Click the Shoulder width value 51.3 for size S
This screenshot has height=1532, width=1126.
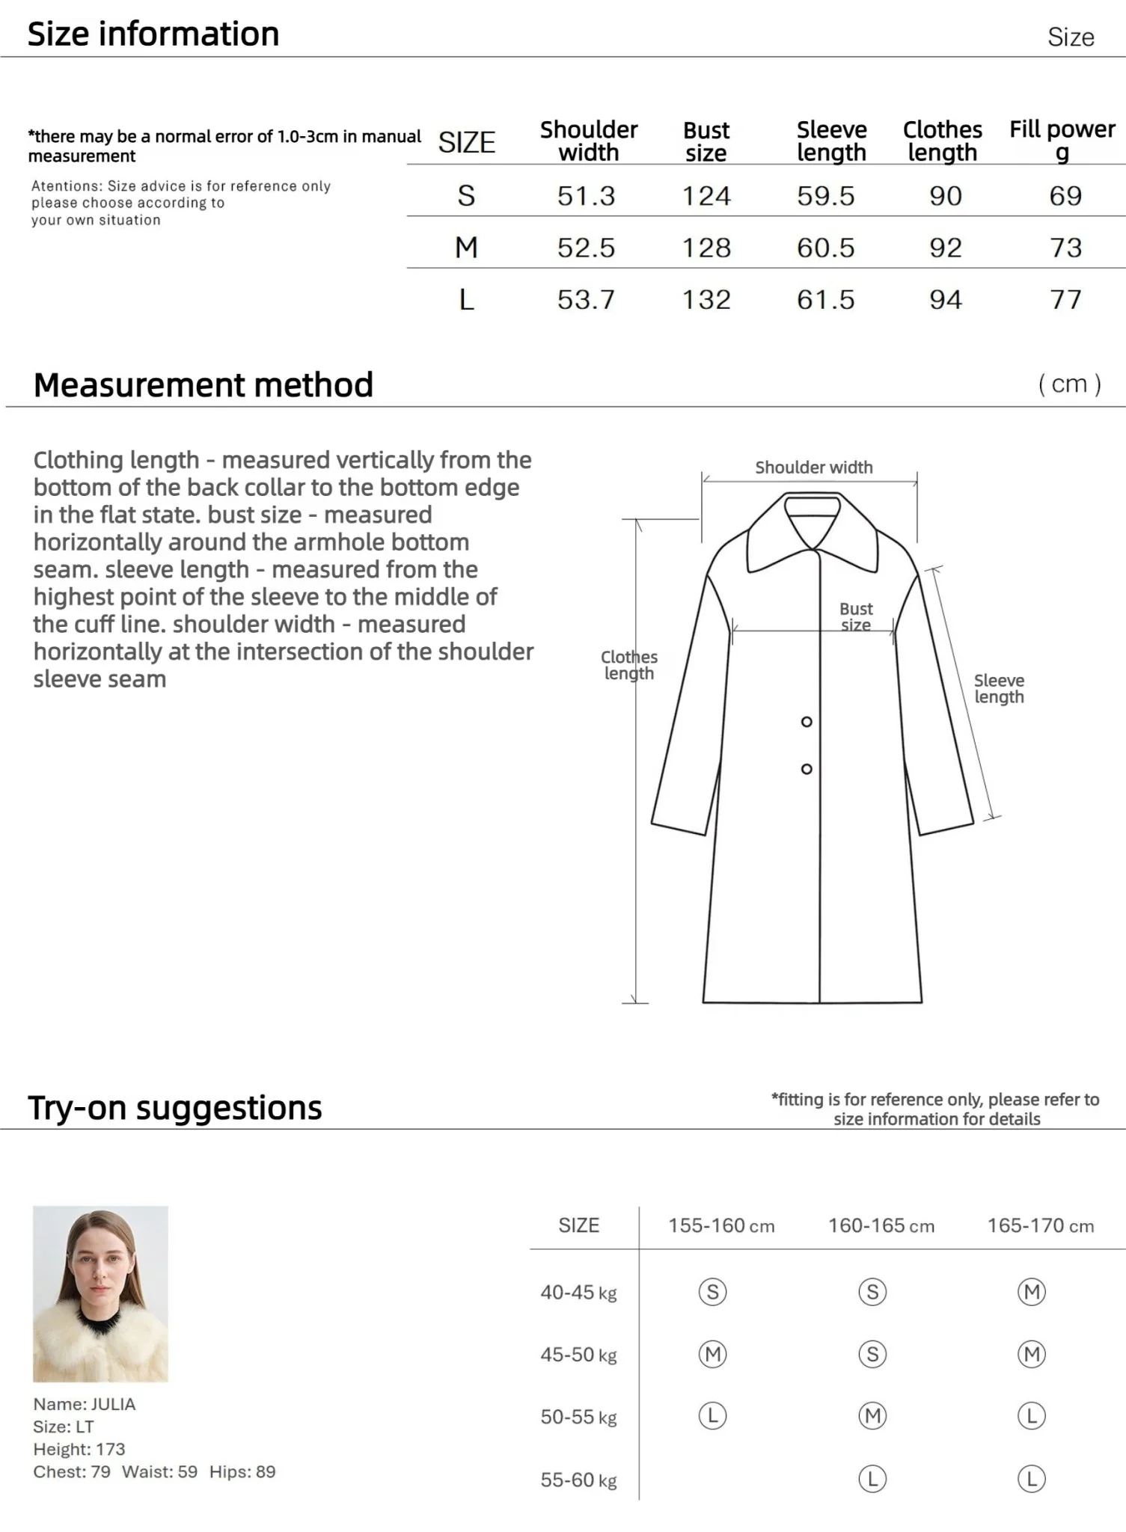click(x=586, y=196)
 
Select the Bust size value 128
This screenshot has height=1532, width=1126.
click(x=706, y=248)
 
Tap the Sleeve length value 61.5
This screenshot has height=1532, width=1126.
click(x=825, y=300)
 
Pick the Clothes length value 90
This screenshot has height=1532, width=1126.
click(x=945, y=196)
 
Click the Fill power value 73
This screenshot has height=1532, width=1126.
click(x=1065, y=248)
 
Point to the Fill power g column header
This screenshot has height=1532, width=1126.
click(x=1062, y=140)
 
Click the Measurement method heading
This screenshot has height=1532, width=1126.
click(x=203, y=385)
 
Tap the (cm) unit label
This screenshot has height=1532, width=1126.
click(x=1069, y=384)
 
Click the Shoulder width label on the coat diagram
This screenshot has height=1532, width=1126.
click(x=813, y=468)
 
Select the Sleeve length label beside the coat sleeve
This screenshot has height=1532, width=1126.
click(x=999, y=688)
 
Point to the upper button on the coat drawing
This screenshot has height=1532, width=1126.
click(x=807, y=722)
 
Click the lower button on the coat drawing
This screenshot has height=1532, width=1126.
click(x=807, y=769)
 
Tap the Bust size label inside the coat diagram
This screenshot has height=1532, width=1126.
click(x=856, y=617)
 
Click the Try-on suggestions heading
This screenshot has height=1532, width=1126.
click(x=174, y=1108)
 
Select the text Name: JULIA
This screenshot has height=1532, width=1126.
click(x=84, y=1404)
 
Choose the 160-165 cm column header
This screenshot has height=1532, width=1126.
click(x=881, y=1226)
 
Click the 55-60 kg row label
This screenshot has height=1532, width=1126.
click(x=578, y=1480)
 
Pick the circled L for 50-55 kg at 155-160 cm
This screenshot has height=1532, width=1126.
click(x=712, y=1416)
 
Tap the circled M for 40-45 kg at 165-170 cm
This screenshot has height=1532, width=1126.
click(x=1032, y=1292)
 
